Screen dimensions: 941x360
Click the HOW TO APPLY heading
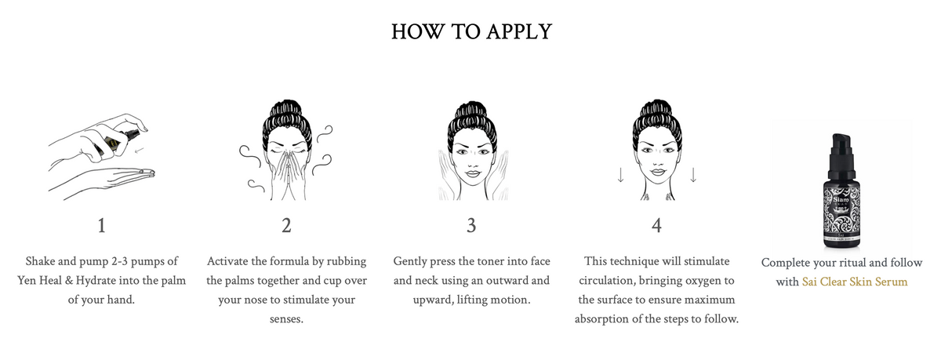[x=471, y=31]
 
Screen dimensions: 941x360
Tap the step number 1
[x=101, y=226]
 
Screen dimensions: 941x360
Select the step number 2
[x=286, y=226]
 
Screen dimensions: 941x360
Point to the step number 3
[x=471, y=226]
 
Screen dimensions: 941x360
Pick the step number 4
[x=656, y=226]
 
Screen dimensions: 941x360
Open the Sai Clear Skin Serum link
[x=855, y=282]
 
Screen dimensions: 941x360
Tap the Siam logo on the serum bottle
[x=841, y=200]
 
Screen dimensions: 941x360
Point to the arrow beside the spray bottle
[x=140, y=149]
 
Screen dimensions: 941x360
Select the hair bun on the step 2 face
[x=287, y=110]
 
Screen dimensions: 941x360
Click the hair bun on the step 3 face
[x=471, y=111]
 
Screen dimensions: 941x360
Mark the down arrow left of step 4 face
[x=620, y=175]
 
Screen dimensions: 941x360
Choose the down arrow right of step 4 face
[x=693, y=175]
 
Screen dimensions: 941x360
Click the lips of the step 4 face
[x=657, y=173]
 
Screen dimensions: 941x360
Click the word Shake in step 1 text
[x=40, y=261]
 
